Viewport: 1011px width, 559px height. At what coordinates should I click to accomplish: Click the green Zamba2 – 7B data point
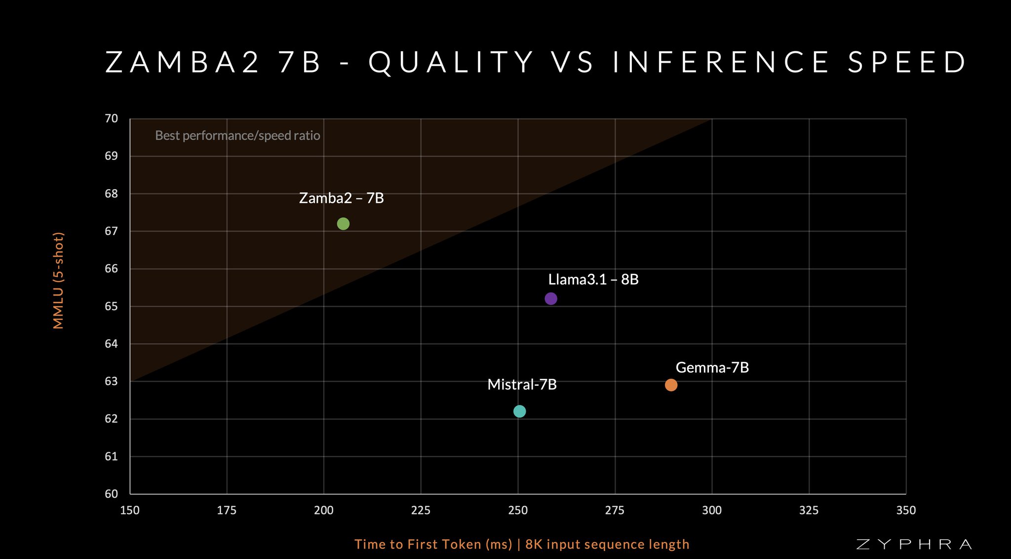(x=343, y=224)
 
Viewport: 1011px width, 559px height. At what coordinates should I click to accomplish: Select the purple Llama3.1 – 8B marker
(x=551, y=298)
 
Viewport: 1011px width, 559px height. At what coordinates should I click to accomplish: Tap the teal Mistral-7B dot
(x=519, y=411)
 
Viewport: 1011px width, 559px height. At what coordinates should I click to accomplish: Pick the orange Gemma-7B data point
(x=671, y=385)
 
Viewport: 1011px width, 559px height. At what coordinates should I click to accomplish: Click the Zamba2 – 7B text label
(x=342, y=198)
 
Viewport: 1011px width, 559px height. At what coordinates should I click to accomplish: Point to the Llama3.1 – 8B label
(x=593, y=279)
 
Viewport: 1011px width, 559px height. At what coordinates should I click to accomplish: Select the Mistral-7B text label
(x=522, y=384)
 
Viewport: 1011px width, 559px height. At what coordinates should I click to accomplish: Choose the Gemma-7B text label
(x=712, y=367)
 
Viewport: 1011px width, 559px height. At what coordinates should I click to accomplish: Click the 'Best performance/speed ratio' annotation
(x=237, y=136)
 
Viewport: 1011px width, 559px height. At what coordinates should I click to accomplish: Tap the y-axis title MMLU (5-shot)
(x=58, y=280)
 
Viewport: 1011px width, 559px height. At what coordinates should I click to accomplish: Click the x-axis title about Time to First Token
(x=522, y=544)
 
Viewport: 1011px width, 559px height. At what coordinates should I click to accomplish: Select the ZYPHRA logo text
(x=914, y=544)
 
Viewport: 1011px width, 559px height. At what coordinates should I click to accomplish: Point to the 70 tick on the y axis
(x=112, y=119)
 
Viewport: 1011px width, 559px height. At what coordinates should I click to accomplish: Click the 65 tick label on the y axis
(x=112, y=306)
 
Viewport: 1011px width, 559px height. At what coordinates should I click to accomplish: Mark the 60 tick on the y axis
(x=112, y=494)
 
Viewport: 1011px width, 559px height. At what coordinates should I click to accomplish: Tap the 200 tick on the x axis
(x=324, y=510)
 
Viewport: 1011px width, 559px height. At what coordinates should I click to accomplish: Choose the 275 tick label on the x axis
(x=615, y=510)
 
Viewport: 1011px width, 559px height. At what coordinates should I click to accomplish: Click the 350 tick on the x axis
(x=906, y=510)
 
